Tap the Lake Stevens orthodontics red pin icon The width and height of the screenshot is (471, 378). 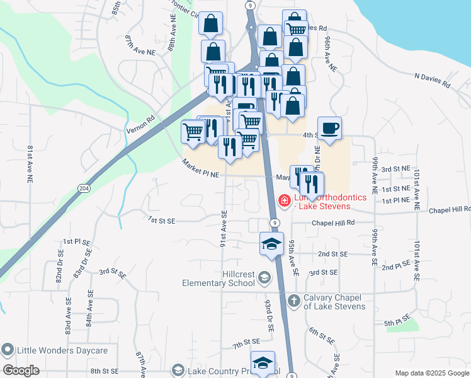coord(285,201)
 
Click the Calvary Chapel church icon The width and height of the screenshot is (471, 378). coord(293,301)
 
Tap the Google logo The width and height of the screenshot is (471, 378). coord(21,370)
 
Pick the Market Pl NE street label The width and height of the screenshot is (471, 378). coord(200,168)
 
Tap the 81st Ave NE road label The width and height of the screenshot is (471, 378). coord(30,164)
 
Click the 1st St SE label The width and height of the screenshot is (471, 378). coord(161,220)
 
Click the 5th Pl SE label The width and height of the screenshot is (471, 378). coord(397,324)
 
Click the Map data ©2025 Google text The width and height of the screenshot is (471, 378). coord(432,373)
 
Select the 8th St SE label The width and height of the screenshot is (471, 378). coord(105,372)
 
